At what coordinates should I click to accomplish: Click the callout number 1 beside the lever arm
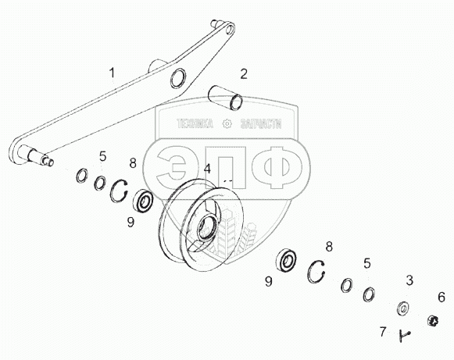pyautogui.click(x=112, y=73)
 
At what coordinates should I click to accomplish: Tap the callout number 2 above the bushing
pyautogui.click(x=244, y=74)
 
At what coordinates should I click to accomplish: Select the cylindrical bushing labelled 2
pyautogui.click(x=226, y=98)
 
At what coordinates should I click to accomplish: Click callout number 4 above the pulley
pyautogui.click(x=207, y=169)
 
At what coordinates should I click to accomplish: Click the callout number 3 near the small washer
pyautogui.click(x=409, y=280)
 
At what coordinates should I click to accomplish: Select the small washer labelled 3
pyautogui.click(x=402, y=308)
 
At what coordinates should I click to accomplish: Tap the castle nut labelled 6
pyautogui.click(x=433, y=321)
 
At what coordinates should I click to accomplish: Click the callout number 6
pyautogui.click(x=441, y=298)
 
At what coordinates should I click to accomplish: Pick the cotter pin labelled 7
pyautogui.click(x=404, y=336)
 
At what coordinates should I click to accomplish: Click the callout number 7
pyautogui.click(x=383, y=332)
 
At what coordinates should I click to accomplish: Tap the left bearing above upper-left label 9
pyautogui.click(x=143, y=200)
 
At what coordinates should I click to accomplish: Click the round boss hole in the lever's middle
pyautogui.click(x=178, y=78)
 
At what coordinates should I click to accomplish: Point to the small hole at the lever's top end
pyautogui.click(x=230, y=29)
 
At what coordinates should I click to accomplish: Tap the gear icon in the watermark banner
pyautogui.click(x=227, y=124)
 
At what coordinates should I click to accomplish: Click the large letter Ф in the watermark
pyautogui.click(x=277, y=167)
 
